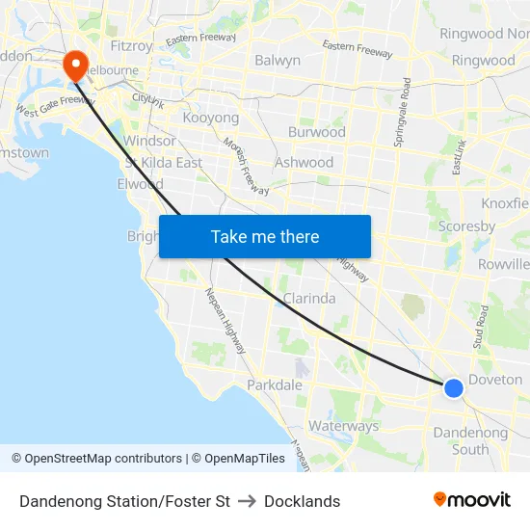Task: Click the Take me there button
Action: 265,236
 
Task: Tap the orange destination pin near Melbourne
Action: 75,66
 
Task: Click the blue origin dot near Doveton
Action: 454,387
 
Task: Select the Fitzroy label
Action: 132,45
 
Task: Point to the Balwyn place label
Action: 278,60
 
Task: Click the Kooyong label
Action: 211,118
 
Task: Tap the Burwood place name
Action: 316,132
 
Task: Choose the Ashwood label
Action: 304,162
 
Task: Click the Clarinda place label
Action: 308,299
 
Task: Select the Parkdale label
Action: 275,384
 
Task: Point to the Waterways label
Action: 343,426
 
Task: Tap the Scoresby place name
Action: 466,226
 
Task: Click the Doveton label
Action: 495,380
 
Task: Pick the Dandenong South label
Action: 470,440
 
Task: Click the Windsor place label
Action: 149,141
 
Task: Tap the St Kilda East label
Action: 163,162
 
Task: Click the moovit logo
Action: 471,500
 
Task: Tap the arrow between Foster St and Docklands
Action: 247,501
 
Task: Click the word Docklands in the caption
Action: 302,501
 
